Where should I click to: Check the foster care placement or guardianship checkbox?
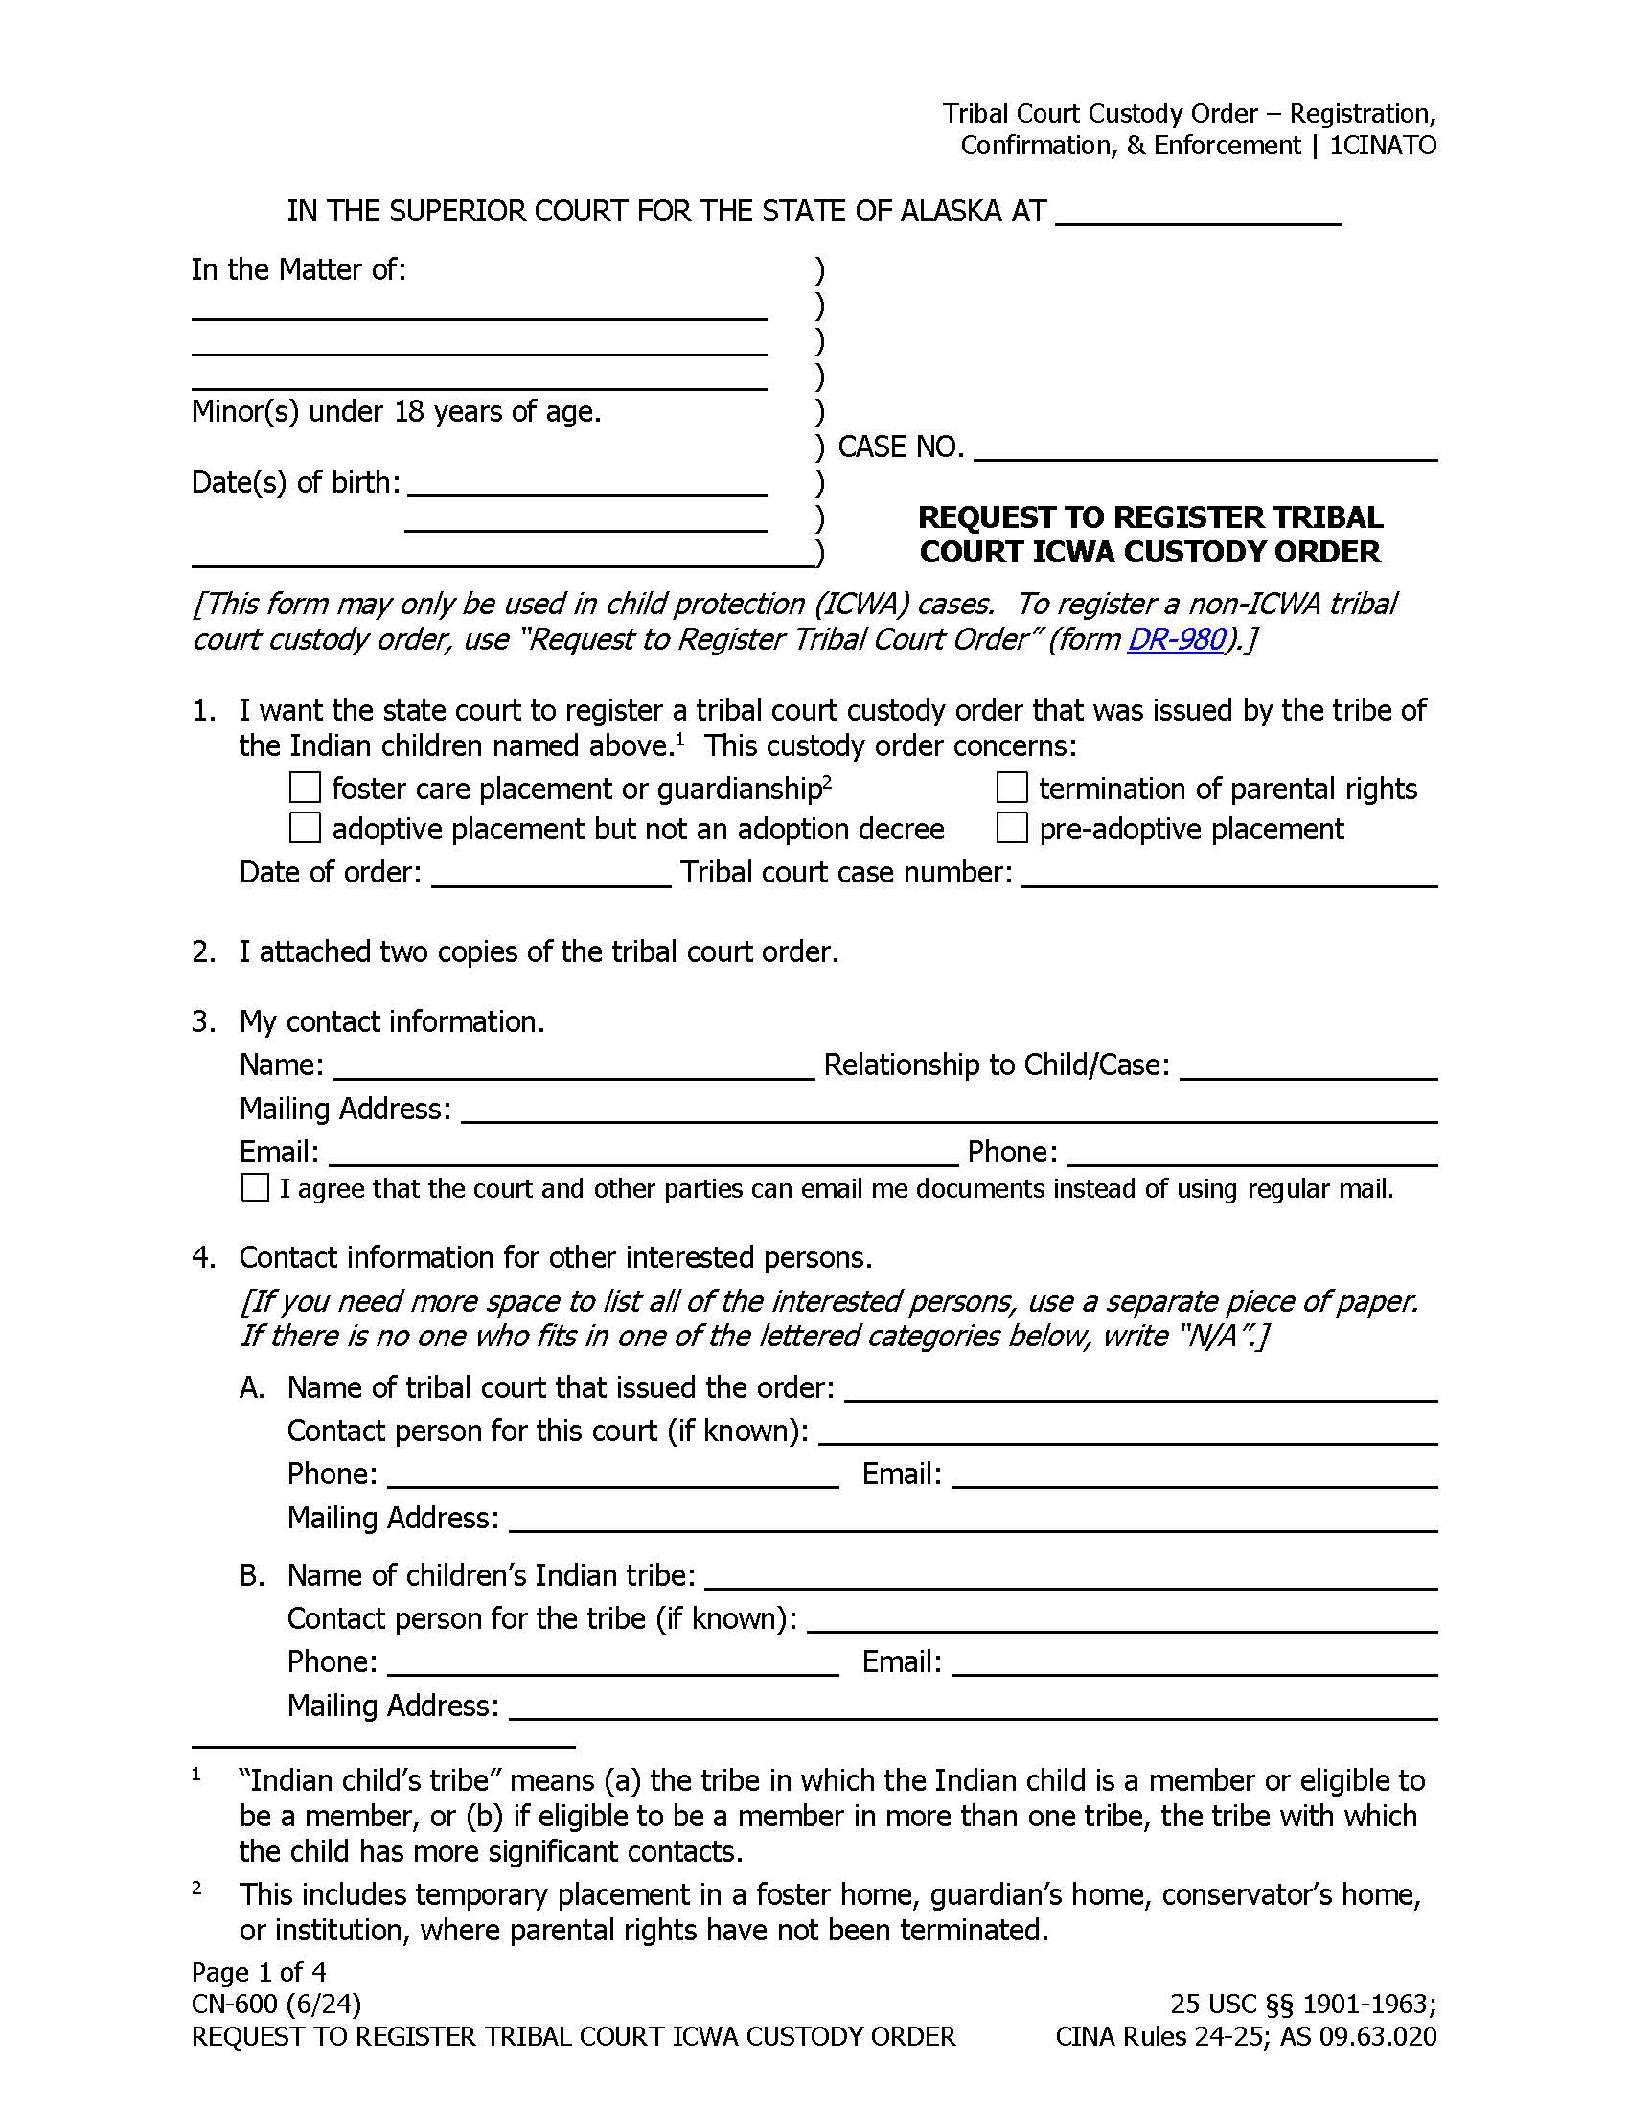click(x=305, y=788)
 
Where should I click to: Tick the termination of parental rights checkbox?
click(x=1011, y=788)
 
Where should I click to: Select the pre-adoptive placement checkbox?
click(x=1011, y=828)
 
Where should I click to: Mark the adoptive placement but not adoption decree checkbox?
click(x=305, y=828)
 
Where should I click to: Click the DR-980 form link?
click(x=1176, y=640)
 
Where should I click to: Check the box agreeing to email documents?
click(x=255, y=1187)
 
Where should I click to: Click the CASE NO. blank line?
click(x=1205, y=448)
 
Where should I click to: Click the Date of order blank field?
click(x=551, y=875)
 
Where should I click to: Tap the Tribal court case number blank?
click(x=1229, y=875)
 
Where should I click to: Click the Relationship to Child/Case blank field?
click(x=1308, y=1067)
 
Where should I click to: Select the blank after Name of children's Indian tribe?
click(x=1071, y=1578)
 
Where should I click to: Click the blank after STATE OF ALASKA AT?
click(x=1198, y=214)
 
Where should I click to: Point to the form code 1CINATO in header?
click(x=1382, y=146)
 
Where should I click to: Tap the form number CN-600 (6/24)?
click(x=276, y=2005)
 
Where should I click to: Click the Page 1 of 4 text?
click(x=259, y=1972)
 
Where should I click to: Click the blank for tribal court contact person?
click(x=1127, y=1433)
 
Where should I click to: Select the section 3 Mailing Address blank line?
click(x=949, y=1111)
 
